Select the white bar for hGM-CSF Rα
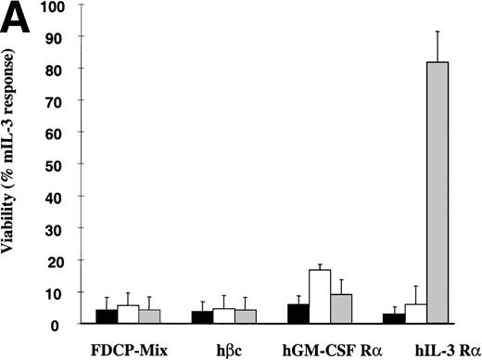320,297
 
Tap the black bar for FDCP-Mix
107,316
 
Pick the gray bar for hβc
245,316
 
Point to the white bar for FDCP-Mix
128,315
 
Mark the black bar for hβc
202,317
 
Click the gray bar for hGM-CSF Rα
341,309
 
